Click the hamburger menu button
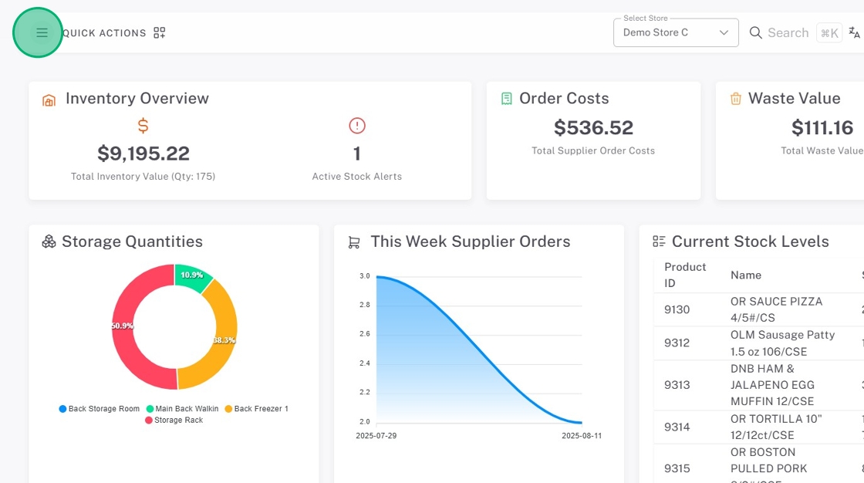pos(42,32)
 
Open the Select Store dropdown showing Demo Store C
pos(676,32)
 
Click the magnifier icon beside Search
pos(756,32)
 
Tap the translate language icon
pos(854,32)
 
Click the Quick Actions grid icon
pos(160,32)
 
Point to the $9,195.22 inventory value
pos(143,153)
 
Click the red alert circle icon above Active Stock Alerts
pos(357,126)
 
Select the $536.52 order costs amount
pos(593,127)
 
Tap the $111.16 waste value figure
pos(822,127)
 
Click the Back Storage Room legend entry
pos(100,409)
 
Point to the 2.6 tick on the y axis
pos(364,334)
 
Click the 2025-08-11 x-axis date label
pos(582,436)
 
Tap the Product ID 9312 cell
pos(677,343)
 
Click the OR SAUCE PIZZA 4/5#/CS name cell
pos(776,309)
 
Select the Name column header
pos(745,275)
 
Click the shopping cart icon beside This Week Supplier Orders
pos(354,242)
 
